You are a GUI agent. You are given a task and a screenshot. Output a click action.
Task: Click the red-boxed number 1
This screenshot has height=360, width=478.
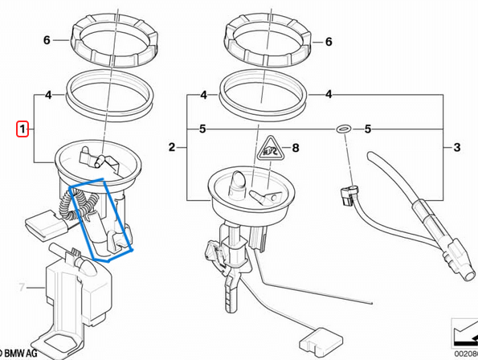point(23,129)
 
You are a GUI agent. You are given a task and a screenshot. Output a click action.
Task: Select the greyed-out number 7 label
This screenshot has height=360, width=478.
point(22,285)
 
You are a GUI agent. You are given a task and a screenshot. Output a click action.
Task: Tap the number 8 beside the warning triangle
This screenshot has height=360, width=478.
point(295,148)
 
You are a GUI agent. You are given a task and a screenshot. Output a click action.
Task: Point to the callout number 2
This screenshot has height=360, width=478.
point(171,147)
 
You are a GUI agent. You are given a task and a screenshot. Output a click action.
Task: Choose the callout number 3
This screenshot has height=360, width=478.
point(457,147)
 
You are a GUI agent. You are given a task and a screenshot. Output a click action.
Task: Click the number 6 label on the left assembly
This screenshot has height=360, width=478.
point(47,39)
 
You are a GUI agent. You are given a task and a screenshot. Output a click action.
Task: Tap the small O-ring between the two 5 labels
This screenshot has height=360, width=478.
point(341,129)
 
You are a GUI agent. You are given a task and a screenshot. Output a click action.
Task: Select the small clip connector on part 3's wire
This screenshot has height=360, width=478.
point(349,193)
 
